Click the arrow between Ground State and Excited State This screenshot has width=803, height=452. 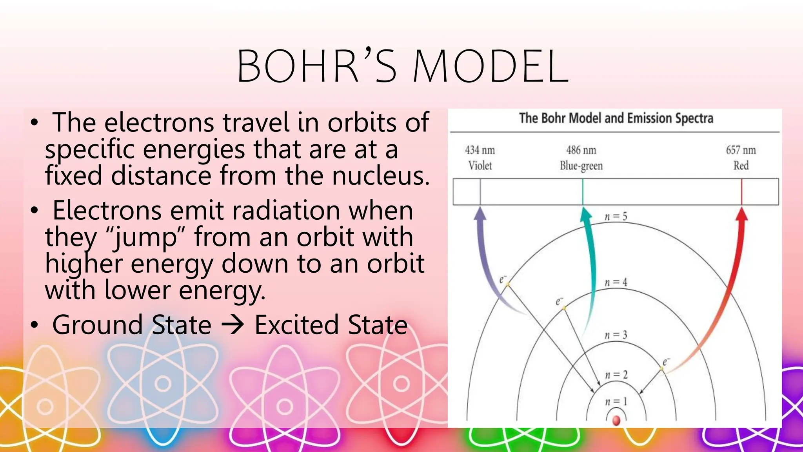[x=233, y=325]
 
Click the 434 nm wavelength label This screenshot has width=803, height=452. [x=480, y=150]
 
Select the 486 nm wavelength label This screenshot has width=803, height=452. [x=581, y=150]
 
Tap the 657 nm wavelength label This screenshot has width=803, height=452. [x=741, y=150]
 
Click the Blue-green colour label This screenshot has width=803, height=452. [x=581, y=166]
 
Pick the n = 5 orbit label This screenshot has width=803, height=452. [x=616, y=217]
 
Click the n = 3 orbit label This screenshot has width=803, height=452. [x=616, y=335]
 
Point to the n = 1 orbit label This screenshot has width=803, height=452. [x=616, y=402]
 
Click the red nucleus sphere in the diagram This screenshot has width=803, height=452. [x=616, y=421]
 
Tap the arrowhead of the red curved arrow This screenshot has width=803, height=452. [x=741, y=214]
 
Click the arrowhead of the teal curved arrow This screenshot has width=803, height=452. [x=585, y=214]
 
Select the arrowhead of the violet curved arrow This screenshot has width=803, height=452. [x=480, y=214]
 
